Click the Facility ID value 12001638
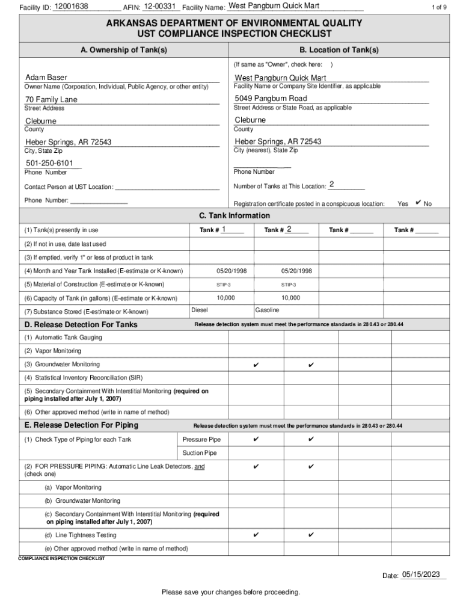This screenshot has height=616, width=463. click(x=71, y=7)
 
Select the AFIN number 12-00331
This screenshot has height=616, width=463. click(x=160, y=7)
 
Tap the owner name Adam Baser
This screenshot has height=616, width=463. click(x=46, y=78)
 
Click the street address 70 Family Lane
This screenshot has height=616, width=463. click(x=51, y=99)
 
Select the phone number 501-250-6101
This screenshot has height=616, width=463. click(x=49, y=164)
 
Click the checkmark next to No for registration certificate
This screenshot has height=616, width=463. click(x=419, y=203)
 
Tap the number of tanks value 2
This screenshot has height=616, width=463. click(x=331, y=184)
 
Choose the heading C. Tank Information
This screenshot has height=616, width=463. click(x=235, y=216)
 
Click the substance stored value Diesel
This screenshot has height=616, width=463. click(x=200, y=310)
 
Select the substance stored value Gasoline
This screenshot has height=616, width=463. click(x=267, y=310)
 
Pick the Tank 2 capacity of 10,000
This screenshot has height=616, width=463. click(x=290, y=298)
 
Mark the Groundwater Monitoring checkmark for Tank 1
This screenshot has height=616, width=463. click(x=256, y=365)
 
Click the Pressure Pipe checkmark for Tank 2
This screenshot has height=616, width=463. click(x=311, y=440)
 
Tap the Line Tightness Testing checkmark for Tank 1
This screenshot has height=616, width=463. click(x=256, y=535)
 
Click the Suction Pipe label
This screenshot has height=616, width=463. click(x=200, y=453)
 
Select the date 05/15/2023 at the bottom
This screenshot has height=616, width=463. click(x=423, y=575)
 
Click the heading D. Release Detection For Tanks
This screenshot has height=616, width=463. click(x=81, y=325)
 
